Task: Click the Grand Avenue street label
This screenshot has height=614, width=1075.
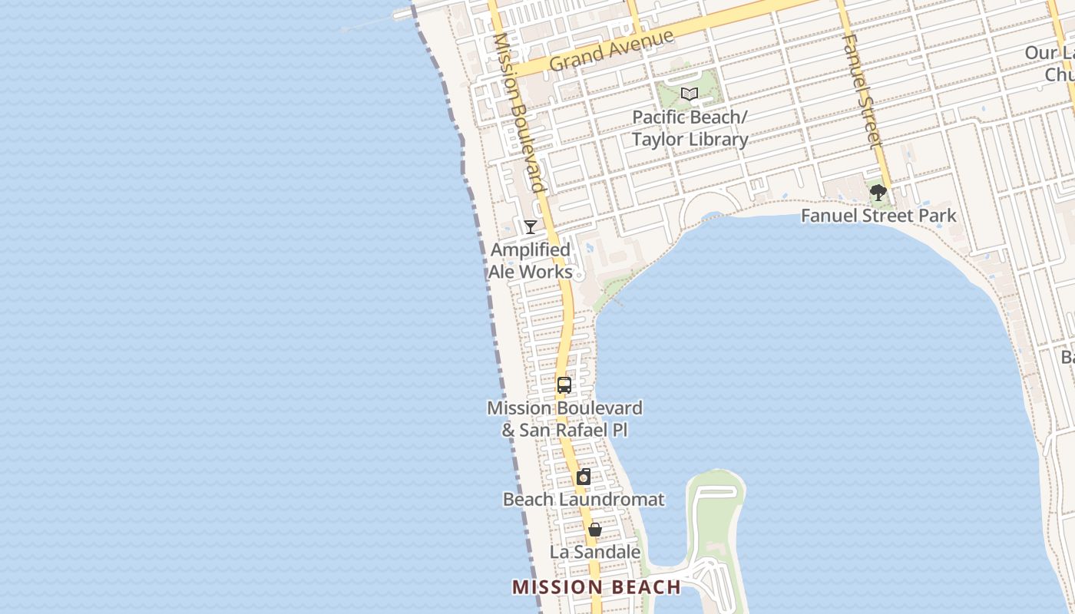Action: (611, 51)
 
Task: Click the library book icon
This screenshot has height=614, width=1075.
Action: (690, 94)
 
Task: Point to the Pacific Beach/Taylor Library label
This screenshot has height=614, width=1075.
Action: (690, 128)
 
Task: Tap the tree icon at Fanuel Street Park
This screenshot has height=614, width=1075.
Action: (878, 192)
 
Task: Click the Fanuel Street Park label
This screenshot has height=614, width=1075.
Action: (878, 216)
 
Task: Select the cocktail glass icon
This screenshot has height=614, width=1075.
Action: (530, 226)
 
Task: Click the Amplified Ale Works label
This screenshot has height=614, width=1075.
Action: (531, 261)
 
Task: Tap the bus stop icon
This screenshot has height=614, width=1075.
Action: (564, 385)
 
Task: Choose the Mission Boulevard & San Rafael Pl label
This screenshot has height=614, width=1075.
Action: (564, 418)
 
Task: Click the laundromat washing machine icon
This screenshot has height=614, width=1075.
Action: (584, 477)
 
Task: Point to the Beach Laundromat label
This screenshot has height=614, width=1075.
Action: (584, 500)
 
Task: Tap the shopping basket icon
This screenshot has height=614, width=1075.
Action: (594, 530)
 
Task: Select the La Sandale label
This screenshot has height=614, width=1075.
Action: (594, 552)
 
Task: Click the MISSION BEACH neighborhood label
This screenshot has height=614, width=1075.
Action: (596, 587)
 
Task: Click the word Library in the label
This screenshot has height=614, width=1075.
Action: (712, 140)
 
